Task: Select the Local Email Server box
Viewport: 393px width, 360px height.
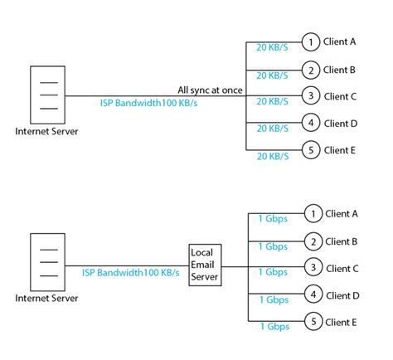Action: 204,265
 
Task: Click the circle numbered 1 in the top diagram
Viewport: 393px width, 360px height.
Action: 309,41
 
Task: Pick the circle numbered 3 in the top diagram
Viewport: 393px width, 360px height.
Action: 309,96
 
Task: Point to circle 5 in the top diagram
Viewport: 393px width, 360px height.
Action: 309,150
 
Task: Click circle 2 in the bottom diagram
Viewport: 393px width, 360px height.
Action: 312,241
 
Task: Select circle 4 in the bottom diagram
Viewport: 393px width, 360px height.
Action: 312,294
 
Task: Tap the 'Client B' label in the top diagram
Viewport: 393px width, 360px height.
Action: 340,70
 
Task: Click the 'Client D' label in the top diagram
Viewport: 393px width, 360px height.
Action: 340,124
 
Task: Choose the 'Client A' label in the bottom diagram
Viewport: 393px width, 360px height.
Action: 342,213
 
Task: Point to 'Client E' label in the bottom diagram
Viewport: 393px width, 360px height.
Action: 342,322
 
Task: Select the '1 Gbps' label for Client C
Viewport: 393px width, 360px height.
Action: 272,272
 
